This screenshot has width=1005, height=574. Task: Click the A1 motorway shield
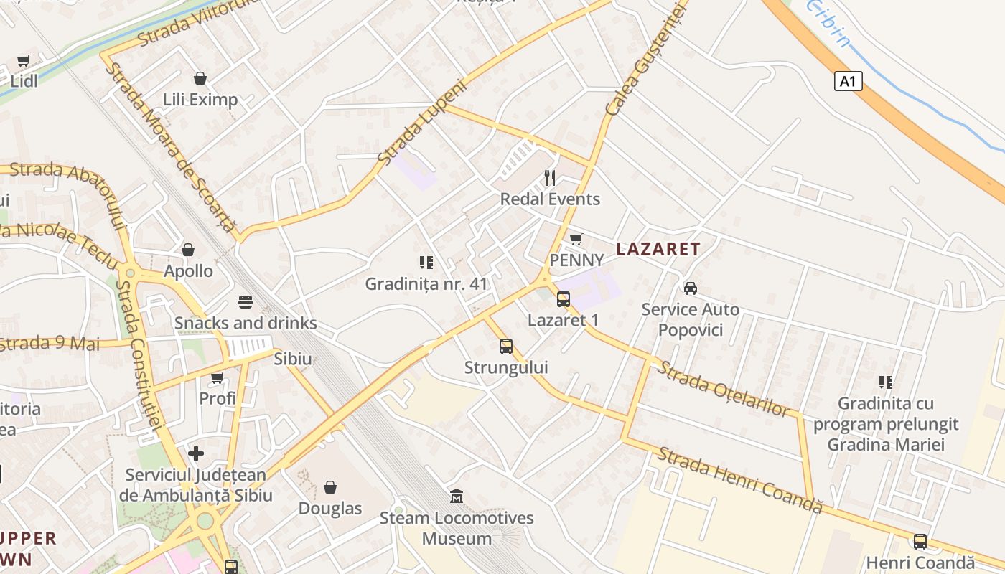[x=848, y=81]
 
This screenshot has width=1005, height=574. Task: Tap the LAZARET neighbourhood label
[x=658, y=249]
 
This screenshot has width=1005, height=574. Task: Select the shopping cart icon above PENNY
[x=576, y=239]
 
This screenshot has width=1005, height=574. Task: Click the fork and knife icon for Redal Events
[x=550, y=177]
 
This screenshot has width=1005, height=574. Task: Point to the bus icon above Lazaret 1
[x=564, y=299]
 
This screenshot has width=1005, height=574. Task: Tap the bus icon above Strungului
[x=506, y=347]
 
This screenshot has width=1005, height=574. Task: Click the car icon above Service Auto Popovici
[x=690, y=288]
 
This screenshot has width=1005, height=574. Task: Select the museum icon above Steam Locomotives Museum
[x=457, y=496]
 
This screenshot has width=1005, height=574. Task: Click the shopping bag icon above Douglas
[x=330, y=487]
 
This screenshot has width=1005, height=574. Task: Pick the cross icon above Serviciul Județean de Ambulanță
[x=195, y=453]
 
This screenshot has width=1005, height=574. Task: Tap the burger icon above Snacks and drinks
[x=246, y=301]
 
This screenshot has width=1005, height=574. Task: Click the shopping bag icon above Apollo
[x=188, y=250]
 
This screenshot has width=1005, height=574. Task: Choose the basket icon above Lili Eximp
[x=200, y=77]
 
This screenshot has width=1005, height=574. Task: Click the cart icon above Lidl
[x=24, y=60]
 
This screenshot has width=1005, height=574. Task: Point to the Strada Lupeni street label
[x=422, y=121]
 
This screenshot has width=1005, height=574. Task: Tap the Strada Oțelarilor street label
[x=724, y=388]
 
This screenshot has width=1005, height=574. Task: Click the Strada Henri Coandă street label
[x=739, y=480]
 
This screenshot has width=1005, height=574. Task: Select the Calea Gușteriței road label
[x=647, y=57]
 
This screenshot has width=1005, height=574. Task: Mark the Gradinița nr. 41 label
[x=426, y=284]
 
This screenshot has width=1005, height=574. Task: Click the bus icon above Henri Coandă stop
[x=920, y=542]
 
